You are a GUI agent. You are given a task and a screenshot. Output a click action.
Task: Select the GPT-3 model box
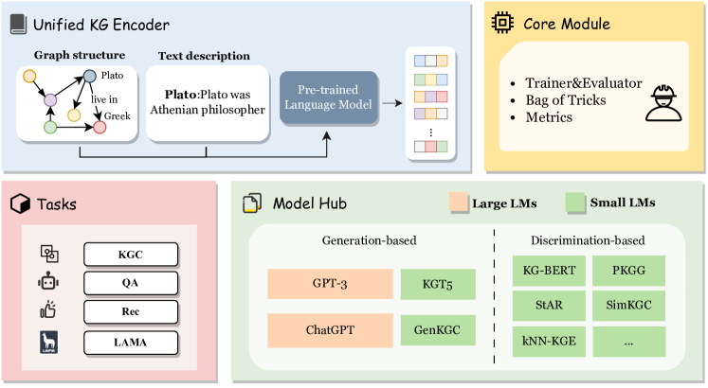point(329,284)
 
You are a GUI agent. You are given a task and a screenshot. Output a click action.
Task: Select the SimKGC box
point(627,305)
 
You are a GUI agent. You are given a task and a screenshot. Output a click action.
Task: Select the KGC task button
point(131,254)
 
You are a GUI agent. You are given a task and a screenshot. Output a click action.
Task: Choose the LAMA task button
point(131,343)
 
